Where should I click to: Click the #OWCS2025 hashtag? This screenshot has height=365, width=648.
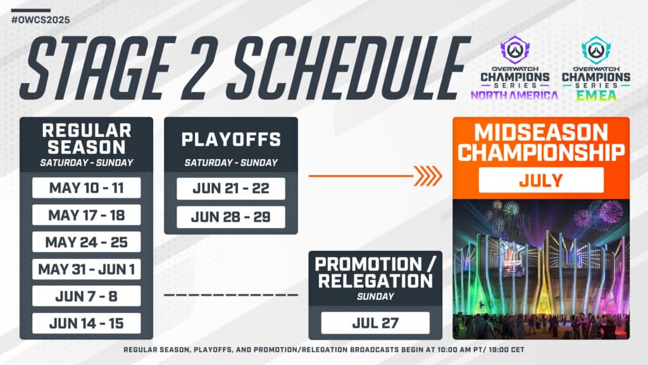tap(40, 20)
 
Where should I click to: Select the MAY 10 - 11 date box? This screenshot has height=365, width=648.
tap(86, 188)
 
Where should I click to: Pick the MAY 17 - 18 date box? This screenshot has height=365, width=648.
tap(86, 215)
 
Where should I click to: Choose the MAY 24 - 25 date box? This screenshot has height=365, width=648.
tap(86, 243)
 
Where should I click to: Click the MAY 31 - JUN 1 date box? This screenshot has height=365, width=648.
tap(86, 269)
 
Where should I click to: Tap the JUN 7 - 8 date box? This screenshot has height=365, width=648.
tap(86, 297)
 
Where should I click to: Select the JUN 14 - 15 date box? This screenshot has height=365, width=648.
tap(86, 324)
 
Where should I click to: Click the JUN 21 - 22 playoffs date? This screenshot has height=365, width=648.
tap(231, 189)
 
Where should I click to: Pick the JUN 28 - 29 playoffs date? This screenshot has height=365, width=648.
tap(231, 217)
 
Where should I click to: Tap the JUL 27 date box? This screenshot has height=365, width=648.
tap(375, 323)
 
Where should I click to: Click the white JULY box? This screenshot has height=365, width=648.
tap(541, 180)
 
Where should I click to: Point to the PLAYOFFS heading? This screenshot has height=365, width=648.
tap(231, 139)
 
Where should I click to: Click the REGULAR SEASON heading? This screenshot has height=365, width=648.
tap(86, 139)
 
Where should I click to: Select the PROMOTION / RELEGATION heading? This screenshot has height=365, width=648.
tap(375, 272)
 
